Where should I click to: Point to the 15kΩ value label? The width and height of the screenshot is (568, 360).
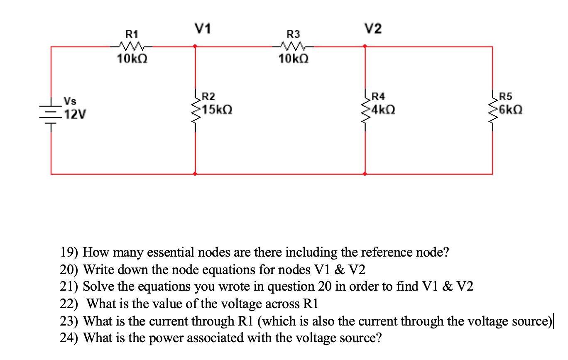[218, 110]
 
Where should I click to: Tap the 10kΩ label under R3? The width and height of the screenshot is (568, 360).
[293, 60]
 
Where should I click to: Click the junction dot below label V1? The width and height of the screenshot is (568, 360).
[196, 47]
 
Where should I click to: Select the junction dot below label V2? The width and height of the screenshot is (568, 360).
[365, 47]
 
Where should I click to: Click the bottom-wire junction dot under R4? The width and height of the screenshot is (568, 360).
[365, 174]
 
